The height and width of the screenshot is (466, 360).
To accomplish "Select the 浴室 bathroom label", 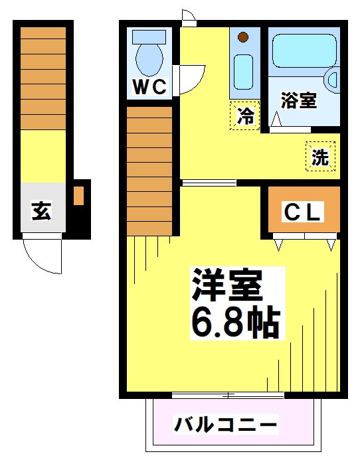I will click(x=298, y=100).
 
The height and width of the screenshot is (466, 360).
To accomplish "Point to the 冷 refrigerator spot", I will click(x=245, y=116).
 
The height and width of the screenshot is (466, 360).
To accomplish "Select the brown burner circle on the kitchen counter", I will click(x=243, y=37).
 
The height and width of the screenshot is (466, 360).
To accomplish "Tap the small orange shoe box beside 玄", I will click(x=78, y=196).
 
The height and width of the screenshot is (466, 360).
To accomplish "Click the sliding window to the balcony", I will click(x=228, y=396).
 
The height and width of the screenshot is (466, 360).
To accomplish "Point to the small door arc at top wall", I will click(x=188, y=16).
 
